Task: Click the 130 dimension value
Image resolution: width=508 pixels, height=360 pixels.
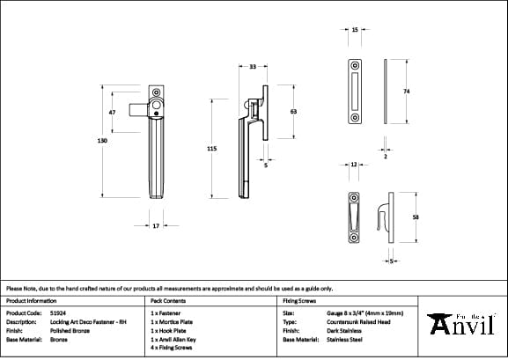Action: tap(103, 140)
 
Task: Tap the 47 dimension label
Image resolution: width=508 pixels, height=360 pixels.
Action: tap(112, 113)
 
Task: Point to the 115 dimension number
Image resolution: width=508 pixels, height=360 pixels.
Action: tap(211, 150)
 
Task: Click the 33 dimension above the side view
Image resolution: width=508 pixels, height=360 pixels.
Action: tap(253, 67)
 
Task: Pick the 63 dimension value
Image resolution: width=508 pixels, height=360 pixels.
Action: tap(292, 112)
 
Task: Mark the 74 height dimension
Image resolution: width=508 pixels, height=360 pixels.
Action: tap(406, 92)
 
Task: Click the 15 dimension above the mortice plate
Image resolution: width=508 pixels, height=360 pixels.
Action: tap(354, 30)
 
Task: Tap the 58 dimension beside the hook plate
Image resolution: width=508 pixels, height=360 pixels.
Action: tap(415, 217)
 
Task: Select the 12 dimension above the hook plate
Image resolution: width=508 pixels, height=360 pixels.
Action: tap(353, 165)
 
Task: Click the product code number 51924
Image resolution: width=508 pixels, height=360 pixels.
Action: tap(58, 312)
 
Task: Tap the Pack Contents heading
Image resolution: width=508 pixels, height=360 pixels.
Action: tap(168, 300)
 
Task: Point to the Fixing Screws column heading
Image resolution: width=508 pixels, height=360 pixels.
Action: tap(298, 300)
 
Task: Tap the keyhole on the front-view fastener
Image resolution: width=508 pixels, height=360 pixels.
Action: tap(155, 112)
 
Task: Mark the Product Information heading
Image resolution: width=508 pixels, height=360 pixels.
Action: tap(31, 300)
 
